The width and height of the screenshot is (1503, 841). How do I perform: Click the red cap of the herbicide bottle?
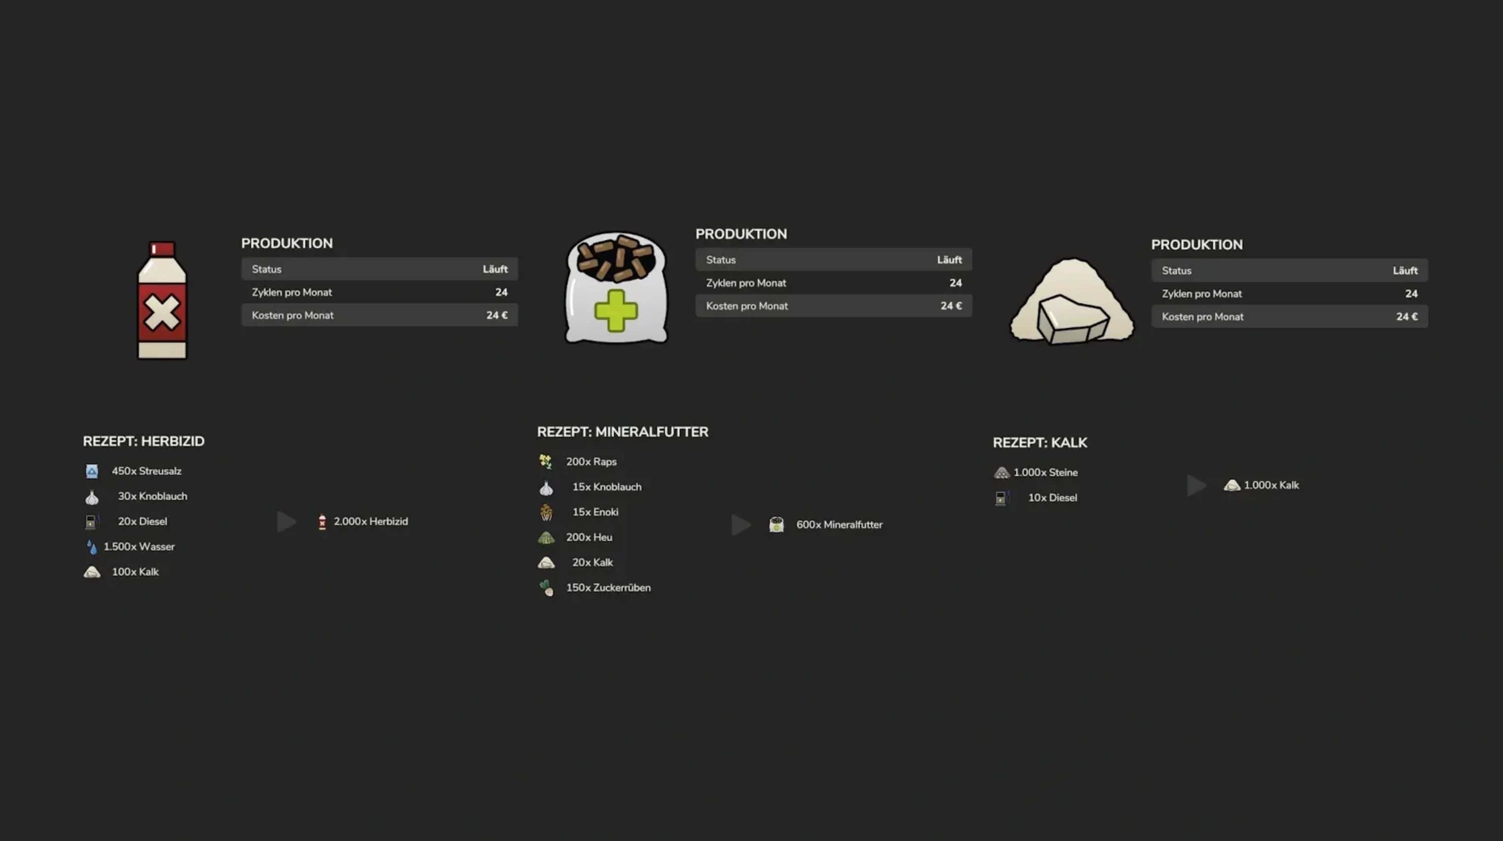(x=162, y=249)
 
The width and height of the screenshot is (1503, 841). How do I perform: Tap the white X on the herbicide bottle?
(x=162, y=313)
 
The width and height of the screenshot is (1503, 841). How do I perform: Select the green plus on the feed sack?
(x=616, y=310)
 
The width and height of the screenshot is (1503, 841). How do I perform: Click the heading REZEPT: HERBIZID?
(x=143, y=441)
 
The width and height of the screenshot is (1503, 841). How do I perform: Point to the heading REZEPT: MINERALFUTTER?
(x=623, y=432)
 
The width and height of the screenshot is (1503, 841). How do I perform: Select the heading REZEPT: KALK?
(x=1040, y=442)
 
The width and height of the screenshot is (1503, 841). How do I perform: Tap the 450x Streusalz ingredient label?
(x=146, y=471)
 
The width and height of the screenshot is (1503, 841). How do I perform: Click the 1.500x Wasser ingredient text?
(x=139, y=547)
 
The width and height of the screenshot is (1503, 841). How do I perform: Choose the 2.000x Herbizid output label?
(x=370, y=521)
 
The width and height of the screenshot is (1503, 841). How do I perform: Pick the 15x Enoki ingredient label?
(x=595, y=512)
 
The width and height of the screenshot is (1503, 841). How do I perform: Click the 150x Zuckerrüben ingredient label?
(x=608, y=588)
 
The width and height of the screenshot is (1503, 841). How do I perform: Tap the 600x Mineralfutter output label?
(x=839, y=525)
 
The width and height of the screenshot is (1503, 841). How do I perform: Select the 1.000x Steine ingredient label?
(x=1045, y=473)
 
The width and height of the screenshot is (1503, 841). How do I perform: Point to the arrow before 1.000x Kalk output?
(x=1196, y=485)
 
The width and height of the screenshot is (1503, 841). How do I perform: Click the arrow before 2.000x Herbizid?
(x=286, y=521)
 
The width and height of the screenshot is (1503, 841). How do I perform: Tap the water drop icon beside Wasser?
(x=92, y=547)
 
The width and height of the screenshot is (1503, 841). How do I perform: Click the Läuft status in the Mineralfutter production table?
(x=949, y=260)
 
